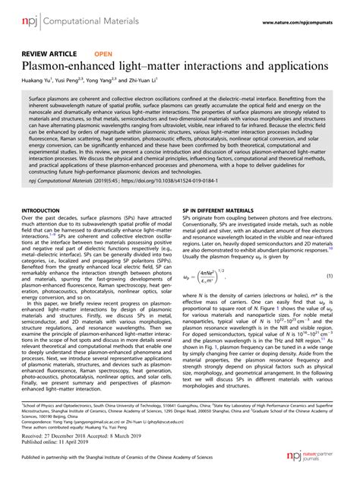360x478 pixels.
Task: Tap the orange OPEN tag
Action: [x=103, y=55]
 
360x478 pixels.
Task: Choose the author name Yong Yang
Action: [x=106, y=82]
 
